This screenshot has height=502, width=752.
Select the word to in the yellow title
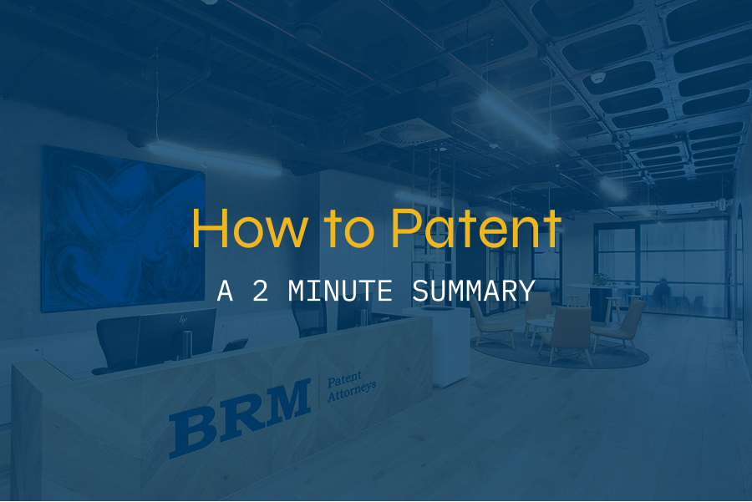point(349,231)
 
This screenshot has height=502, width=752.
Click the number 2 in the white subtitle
point(261,291)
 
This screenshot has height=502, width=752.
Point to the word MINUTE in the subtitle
point(340,291)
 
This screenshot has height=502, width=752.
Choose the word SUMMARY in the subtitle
point(474,291)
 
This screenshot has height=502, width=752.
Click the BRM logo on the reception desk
point(241,416)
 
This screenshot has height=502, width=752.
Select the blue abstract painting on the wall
point(124,229)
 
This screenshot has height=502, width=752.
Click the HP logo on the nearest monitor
point(183,319)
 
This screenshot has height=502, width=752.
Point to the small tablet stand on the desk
point(236,345)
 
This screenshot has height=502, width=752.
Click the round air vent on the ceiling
point(408,132)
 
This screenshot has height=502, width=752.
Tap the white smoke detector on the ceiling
point(597,77)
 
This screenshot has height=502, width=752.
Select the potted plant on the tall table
point(601,280)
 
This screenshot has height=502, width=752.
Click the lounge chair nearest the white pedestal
point(490,322)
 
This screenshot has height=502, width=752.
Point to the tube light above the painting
point(213,157)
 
